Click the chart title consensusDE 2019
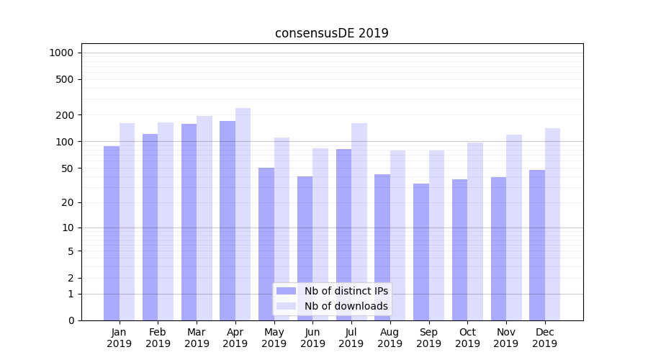coord(331,33)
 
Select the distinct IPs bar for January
coord(112,233)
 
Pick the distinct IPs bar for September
coord(421,252)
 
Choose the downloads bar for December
coord(552,224)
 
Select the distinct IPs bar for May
coord(266,244)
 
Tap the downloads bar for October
coord(474,231)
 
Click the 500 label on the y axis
coord(66,79)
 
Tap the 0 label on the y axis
coord(71,320)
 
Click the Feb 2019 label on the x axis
coord(158,338)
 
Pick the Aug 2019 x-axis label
coord(390,338)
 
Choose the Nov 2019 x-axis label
coord(506,338)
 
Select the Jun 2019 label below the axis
coord(312,338)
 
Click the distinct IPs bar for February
coord(150,227)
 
